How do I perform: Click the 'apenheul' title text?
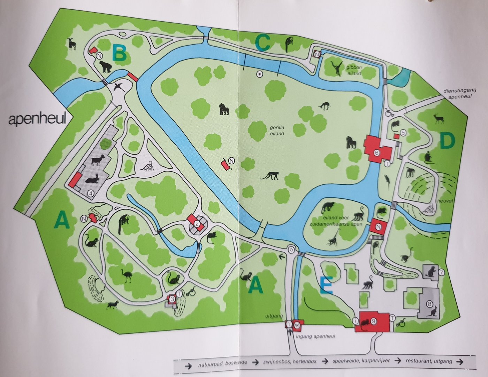pyautogui.click(x=37, y=119)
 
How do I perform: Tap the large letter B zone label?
pyautogui.click(x=119, y=54)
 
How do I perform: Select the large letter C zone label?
pyautogui.click(x=262, y=43)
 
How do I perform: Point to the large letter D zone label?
pyautogui.click(x=448, y=141)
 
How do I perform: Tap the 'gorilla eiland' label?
pyautogui.click(x=277, y=131)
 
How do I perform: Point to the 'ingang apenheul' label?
pyautogui.click(x=315, y=336)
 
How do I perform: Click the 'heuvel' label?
pyautogui.click(x=445, y=201)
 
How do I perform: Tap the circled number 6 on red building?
pyautogui.click(x=376, y=153)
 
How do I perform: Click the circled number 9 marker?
pyautogui.click(x=373, y=321)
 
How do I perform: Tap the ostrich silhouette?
pyautogui.click(x=126, y=275)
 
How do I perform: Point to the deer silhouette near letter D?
pyautogui.click(x=439, y=119)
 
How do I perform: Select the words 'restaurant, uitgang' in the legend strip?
pyautogui.click(x=429, y=361)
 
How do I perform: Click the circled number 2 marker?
pyautogui.click(x=197, y=224)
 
